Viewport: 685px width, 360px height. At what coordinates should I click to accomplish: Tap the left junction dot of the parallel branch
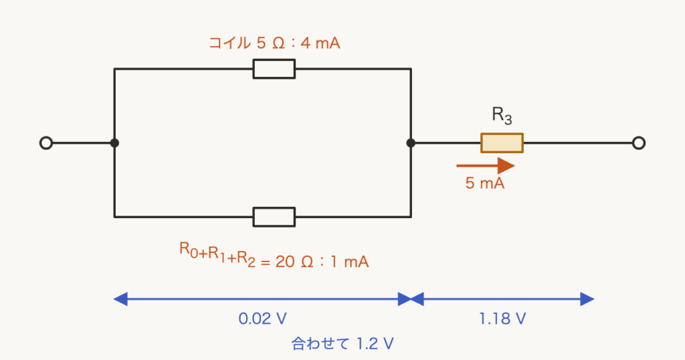(x=114, y=143)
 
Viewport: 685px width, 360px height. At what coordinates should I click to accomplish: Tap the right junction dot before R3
(x=411, y=143)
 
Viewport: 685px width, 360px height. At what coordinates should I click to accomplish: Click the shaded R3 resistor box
(x=502, y=143)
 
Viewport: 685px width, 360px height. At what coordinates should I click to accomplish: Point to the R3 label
(x=502, y=115)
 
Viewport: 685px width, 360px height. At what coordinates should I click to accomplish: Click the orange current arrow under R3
(x=486, y=166)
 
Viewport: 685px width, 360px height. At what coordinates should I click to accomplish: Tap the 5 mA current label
(x=485, y=183)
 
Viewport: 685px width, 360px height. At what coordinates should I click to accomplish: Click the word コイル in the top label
(x=229, y=43)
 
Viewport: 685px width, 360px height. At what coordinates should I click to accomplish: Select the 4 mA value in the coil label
(x=320, y=43)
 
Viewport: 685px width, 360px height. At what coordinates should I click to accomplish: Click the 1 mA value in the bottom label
(x=349, y=262)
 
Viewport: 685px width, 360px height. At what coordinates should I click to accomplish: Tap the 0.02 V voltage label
(x=262, y=319)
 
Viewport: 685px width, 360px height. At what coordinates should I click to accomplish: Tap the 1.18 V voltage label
(x=502, y=319)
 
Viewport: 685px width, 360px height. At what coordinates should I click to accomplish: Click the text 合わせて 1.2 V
(x=342, y=344)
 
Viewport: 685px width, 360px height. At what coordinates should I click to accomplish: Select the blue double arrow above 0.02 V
(x=262, y=299)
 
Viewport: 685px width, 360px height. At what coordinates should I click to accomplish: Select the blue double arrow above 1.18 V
(x=502, y=299)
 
